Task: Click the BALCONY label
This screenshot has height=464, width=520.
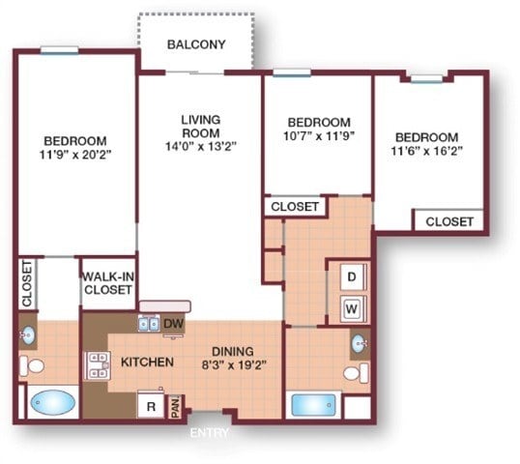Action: (196, 44)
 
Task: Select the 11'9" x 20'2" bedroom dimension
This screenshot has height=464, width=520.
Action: (73, 154)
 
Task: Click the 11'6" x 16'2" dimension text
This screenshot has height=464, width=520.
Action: (425, 152)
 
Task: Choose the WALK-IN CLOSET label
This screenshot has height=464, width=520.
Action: (107, 282)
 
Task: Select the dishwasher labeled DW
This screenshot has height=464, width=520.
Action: (174, 324)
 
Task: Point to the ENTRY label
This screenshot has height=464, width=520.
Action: (210, 432)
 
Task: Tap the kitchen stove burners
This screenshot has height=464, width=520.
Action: (98, 363)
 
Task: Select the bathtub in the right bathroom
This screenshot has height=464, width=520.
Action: (314, 404)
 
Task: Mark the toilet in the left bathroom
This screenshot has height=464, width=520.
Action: (31, 366)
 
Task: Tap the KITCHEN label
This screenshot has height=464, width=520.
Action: (147, 362)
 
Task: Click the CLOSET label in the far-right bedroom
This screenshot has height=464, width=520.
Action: (450, 221)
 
